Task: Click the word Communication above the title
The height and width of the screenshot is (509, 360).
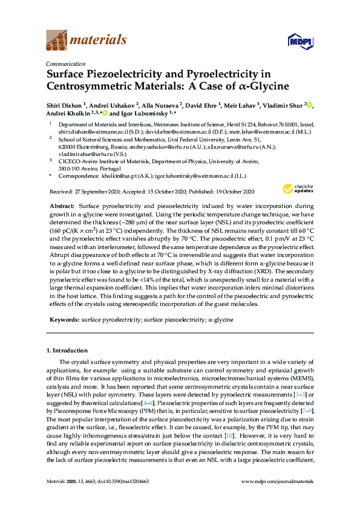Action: click(x=64, y=63)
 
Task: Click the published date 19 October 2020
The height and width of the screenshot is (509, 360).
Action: click(x=227, y=191)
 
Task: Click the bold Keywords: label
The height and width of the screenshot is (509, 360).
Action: click(x=64, y=319)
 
